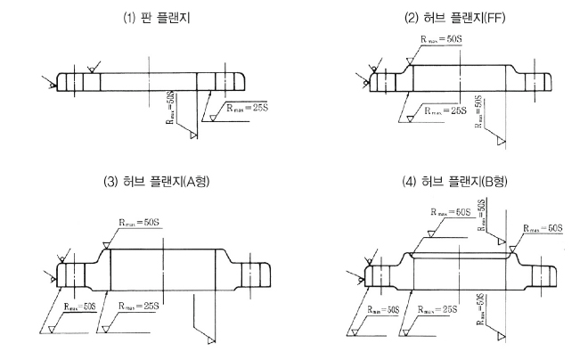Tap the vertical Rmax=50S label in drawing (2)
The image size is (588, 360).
(481, 111)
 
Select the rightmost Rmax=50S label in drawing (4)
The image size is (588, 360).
(542, 229)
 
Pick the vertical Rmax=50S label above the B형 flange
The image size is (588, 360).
(482, 215)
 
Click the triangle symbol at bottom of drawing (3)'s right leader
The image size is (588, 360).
(209, 340)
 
